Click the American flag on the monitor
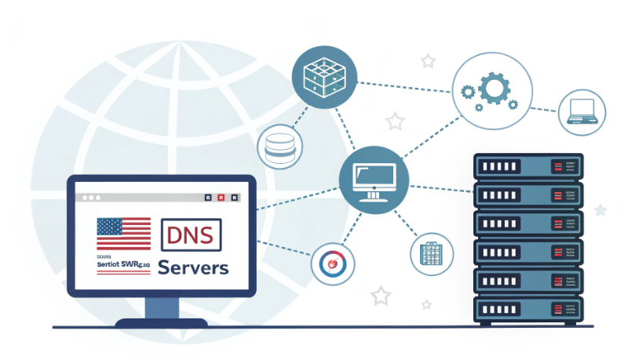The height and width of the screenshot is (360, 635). [x=123, y=233]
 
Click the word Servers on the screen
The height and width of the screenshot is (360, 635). [x=193, y=267]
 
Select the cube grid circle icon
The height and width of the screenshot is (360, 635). [x=319, y=76]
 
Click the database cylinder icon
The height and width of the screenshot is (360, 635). [x=279, y=146]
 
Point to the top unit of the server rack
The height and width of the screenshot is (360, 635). [x=528, y=167]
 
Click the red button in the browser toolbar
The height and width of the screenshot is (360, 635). [x=221, y=198]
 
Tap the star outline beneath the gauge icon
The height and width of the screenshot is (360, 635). [x=381, y=295]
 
